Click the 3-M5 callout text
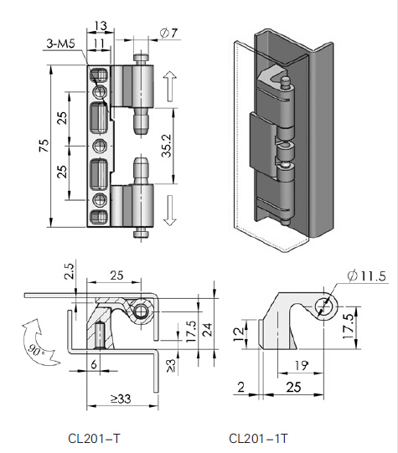(x=61, y=44)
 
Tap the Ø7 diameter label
(x=168, y=33)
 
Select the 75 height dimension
(x=44, y=146)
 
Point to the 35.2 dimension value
(x=167, y=146)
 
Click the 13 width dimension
(x=101, y=26)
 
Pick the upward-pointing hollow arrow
(x=169, y=86)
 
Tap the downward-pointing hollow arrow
(x=169, y=210)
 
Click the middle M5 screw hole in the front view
(x=100, y=147)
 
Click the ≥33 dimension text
(x=121, y=399)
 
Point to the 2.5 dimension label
(x=70, y=271)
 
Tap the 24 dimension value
(x=208, y=330)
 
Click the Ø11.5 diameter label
(x=366, y=275)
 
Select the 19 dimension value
(x=301, y=366)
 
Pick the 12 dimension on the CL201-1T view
(x=239, y=335)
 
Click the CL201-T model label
(x=94, y=439)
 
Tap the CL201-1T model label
(x=258, y=439)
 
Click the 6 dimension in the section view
(x=94, y=364)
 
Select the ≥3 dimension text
(x=172, y=365)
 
